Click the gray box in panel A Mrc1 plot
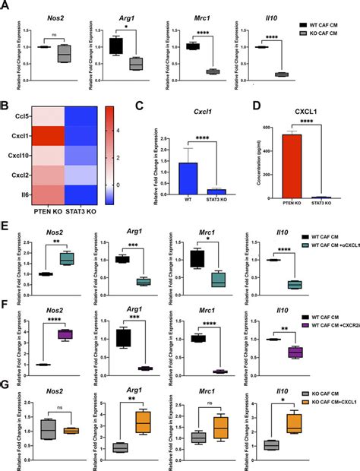[212, 71]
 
